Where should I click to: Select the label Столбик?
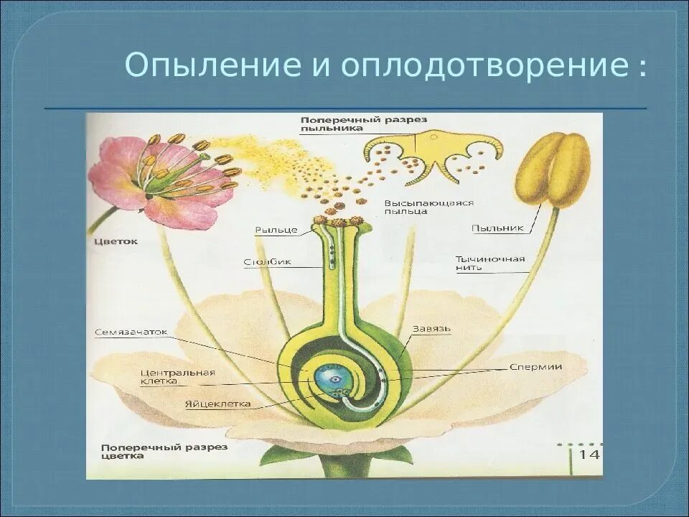(x=267, y=262)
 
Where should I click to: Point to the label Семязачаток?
(x=131, y=332)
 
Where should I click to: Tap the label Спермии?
(x=535, y=367)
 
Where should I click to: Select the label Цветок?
(x=116, y=242)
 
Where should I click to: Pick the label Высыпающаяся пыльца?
(x=428, y=207)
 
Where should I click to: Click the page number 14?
(x=589, y=455)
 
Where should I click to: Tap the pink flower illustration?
(x=161, y=180)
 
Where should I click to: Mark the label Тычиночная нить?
(x=490, y=263)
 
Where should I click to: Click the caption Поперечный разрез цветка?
(x=164, y=451)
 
